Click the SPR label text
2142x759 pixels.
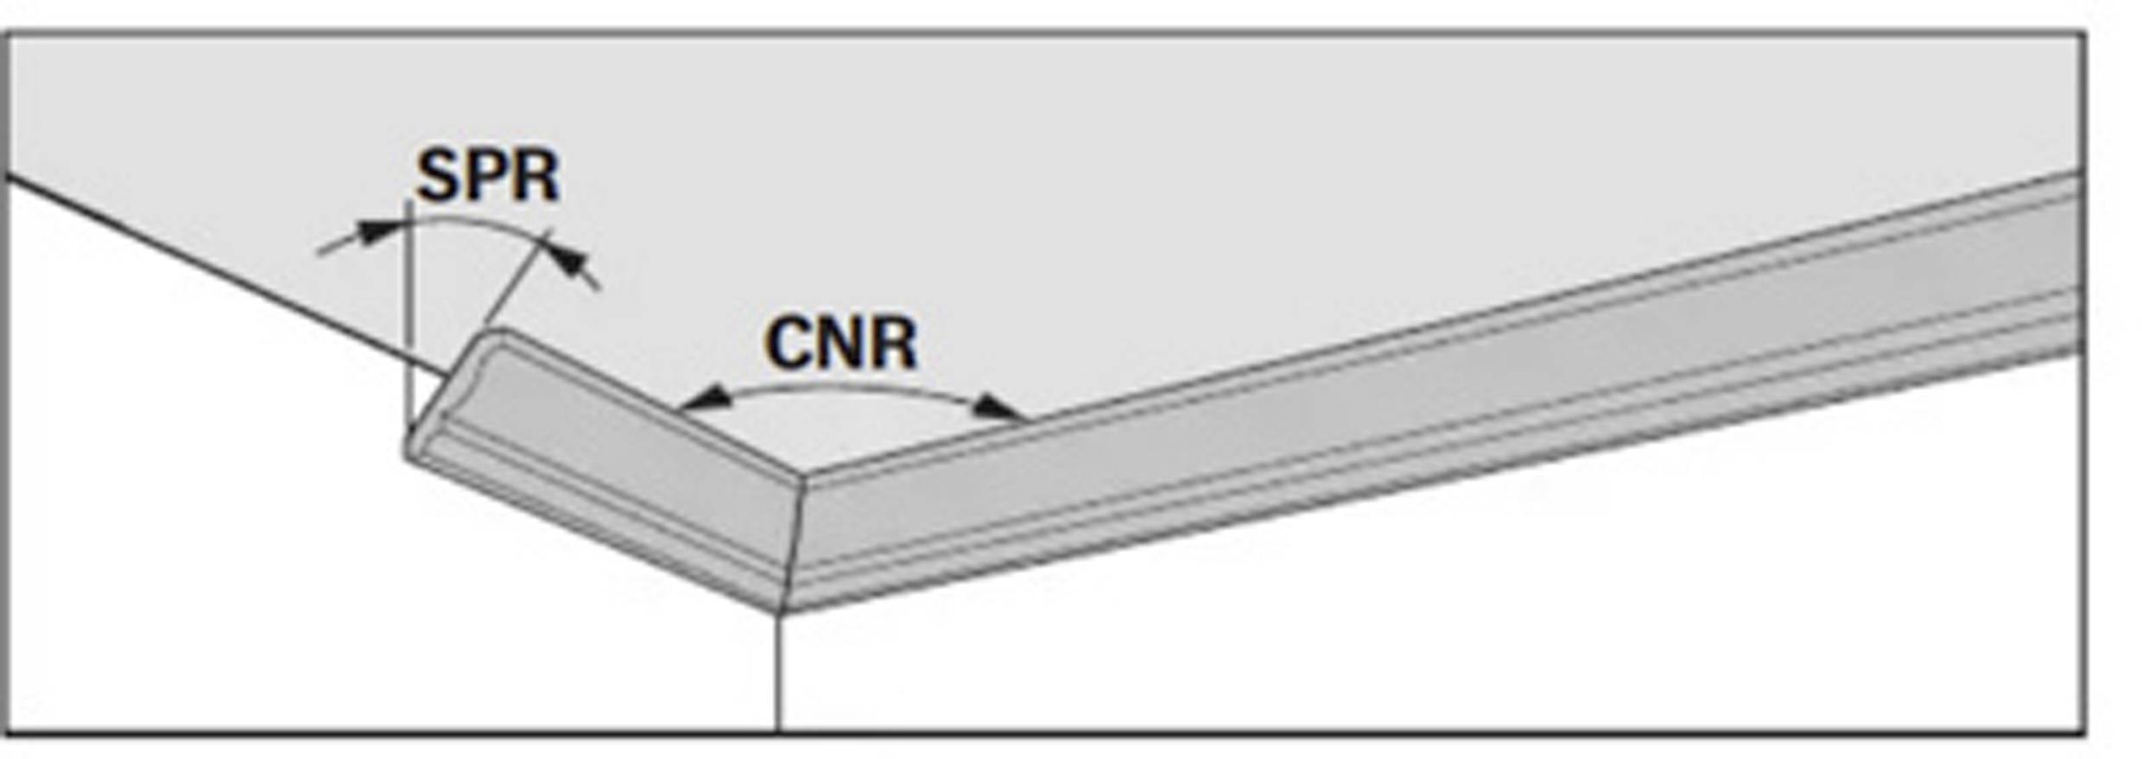click(x=488, y=176)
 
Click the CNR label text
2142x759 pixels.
click(x=840, y=344)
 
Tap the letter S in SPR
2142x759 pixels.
click(x=439, y=176)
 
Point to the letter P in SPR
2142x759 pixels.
click(x=488, y=176)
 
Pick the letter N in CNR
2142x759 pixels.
click(x=840, y=344)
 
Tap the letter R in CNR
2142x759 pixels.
click(x=892, y=344)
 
